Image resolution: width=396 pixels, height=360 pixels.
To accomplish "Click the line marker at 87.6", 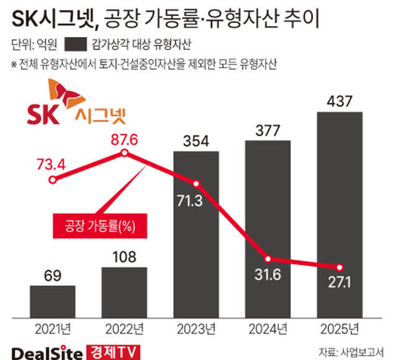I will tap(124, 153).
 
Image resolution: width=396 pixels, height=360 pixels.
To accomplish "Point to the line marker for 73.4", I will tap(53, 180).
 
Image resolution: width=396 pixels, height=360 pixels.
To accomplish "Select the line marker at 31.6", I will tap(268, 259).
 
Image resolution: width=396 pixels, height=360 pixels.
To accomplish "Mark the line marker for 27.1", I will tap(340, 267).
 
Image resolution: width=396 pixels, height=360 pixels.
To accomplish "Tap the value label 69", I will tap(52, 275).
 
